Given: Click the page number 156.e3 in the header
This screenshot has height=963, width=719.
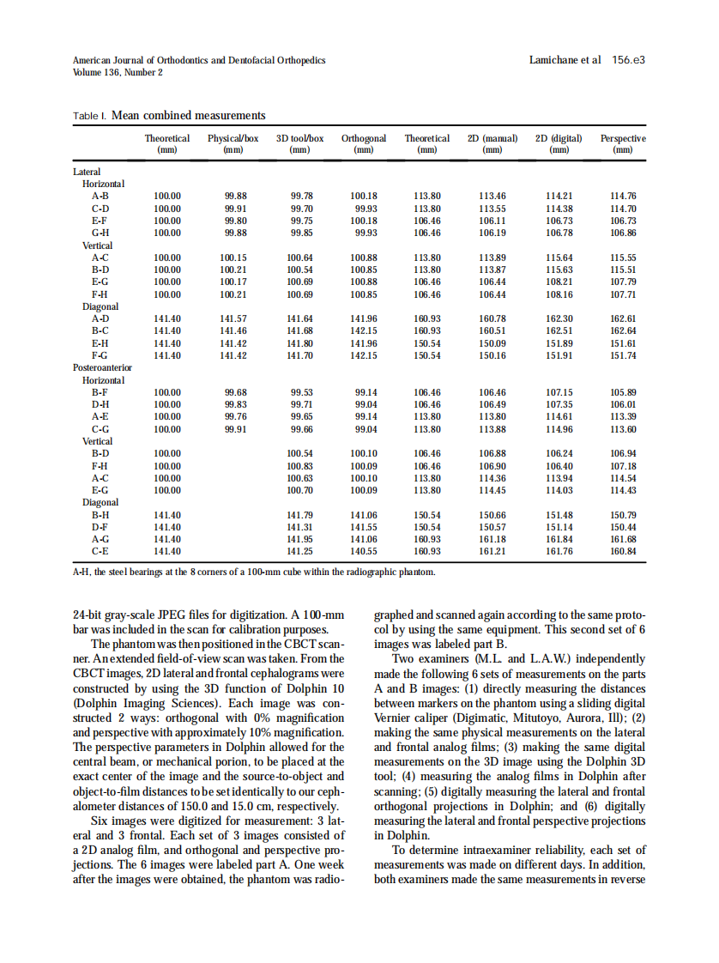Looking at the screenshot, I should [x=628, y=61].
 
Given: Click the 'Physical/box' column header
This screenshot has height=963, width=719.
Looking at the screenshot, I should [x=233, y=142].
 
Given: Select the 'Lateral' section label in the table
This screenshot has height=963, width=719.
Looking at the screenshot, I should [x=86, y=172].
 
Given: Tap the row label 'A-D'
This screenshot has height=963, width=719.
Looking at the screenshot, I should [x=100, y=318].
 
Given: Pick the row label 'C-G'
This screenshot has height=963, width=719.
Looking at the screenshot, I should [x=100, y=428].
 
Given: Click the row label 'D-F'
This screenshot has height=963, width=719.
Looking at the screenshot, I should [x=100, y=526].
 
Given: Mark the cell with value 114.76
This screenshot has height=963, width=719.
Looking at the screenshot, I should [x=623, y=196].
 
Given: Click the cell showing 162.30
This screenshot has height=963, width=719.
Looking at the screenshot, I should [x=559, y=318].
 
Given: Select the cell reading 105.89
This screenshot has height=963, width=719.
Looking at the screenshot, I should [x=623, y=392].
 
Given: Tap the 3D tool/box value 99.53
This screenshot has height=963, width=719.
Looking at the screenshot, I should [x=299, y=392].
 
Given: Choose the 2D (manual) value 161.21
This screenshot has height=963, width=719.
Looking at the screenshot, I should [x=492, y=550].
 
